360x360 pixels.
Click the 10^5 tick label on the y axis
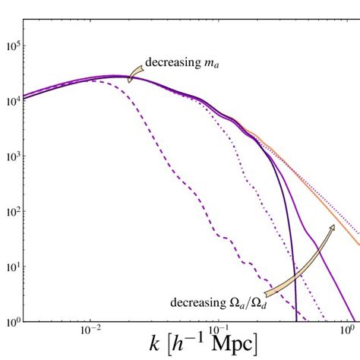(11, 46)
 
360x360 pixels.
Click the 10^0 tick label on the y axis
(11, 321)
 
